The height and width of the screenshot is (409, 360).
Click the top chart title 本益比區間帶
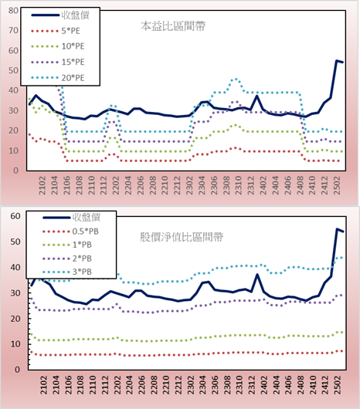[x=173, y=26]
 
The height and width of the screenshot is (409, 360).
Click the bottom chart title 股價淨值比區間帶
[x=182, y=237]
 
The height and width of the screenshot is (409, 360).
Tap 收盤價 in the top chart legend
[x=76, y=15]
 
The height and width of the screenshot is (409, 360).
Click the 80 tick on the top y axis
[x=13, y=11]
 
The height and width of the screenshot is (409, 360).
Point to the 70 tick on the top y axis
[x=13, y=31]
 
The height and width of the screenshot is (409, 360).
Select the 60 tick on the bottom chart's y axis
[x=15, y=216]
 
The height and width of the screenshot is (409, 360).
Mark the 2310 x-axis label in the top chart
[x=239, y=185]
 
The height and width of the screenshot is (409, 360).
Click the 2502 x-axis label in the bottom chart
[x=338, y=385]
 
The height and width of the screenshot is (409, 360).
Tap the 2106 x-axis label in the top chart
[x=67, y=185]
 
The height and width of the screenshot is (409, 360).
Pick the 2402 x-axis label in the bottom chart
[x=264, y=385]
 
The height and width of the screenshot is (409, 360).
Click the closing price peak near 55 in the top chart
[x=337, y=61]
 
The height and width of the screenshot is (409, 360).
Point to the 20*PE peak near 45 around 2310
[x=236, y=79]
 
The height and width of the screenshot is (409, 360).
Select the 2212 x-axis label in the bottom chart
[x=178, y=385]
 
